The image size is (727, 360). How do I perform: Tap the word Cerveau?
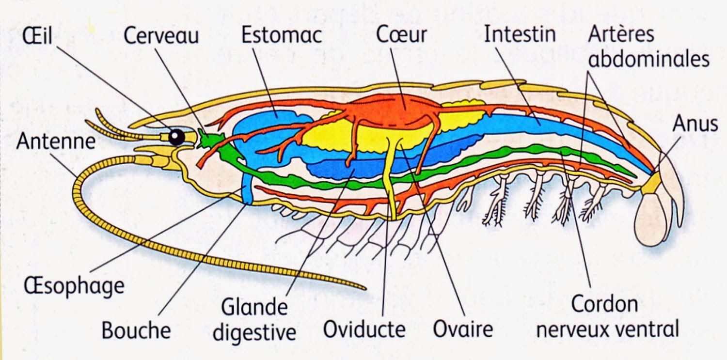(161, 36)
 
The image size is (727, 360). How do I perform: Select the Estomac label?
(282, 35)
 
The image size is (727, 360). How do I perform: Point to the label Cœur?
(402, 35)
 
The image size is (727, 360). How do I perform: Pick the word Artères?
(621, 34)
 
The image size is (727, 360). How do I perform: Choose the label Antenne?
(55, 141)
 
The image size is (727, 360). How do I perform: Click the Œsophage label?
(74, 286)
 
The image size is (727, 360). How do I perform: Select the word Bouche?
(136, 331)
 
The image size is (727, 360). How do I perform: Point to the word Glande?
(254, 307)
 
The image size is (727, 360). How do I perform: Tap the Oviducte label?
(364, 330)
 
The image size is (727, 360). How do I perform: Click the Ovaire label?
(462, 330)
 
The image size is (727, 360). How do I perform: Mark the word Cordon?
(604, 305)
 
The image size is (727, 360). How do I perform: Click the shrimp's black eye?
(176, 137)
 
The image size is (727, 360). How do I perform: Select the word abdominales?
(648, 59)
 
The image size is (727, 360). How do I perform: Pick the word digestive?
(254, 332)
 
